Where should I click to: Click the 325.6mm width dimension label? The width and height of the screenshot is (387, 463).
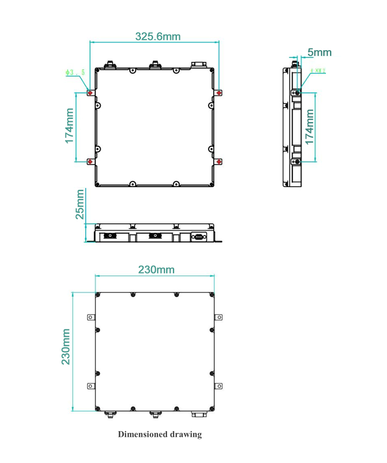click(158, 36)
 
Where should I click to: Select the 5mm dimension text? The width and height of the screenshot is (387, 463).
click(319, 52)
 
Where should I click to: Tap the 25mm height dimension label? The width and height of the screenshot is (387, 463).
click(80, 204)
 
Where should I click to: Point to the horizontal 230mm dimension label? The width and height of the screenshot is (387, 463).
click(156, 270)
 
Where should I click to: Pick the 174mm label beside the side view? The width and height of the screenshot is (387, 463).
click(310, 127)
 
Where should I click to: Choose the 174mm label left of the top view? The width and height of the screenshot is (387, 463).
click(70, 126)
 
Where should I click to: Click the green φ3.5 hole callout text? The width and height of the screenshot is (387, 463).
click(75, 72)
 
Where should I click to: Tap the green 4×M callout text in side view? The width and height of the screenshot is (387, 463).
click(318, 71)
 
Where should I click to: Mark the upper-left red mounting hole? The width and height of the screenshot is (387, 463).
click(90, 93)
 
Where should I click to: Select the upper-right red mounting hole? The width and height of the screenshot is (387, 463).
click(219, 93)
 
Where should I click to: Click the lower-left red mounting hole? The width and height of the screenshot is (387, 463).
click(90, 162)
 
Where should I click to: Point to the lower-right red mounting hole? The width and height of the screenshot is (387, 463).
click(219, 162)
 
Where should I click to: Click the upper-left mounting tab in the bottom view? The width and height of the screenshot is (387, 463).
click(91, 317)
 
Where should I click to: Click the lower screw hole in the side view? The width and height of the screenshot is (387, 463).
click(296, 162)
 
